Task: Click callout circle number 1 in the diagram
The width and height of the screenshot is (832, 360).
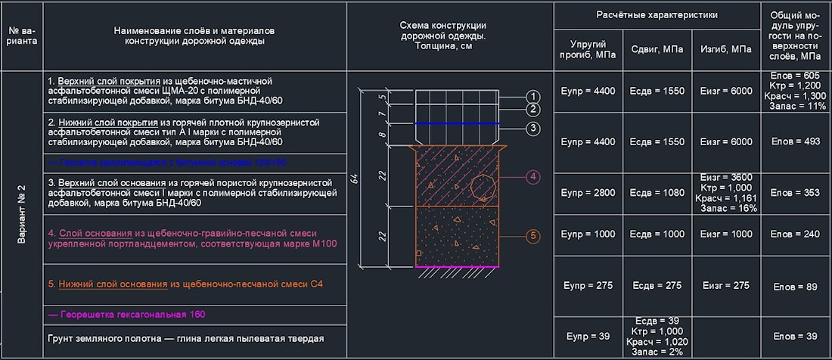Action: point(533,97)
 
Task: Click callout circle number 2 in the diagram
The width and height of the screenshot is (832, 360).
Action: point(533,110)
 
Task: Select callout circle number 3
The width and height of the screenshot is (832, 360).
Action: point(533,129)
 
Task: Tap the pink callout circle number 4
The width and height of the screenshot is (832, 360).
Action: point(533,177)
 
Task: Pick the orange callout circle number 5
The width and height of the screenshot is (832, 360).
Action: point(533,236)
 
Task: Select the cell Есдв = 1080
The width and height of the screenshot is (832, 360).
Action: point(657,193)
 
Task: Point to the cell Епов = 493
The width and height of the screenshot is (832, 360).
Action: point(796,141)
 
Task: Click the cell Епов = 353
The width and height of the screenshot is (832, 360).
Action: point(796,193)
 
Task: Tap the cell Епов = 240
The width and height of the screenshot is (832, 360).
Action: point(796,234)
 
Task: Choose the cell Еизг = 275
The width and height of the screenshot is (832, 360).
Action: point(725,286)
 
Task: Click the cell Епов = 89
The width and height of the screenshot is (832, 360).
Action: point(796,287)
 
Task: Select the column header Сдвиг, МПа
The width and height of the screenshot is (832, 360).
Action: point(657,49)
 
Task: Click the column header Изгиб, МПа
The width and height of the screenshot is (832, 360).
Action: point(725,49)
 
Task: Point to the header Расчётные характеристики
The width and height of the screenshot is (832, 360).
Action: point(657,14)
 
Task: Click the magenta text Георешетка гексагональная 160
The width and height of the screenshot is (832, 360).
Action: point(126,314)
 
